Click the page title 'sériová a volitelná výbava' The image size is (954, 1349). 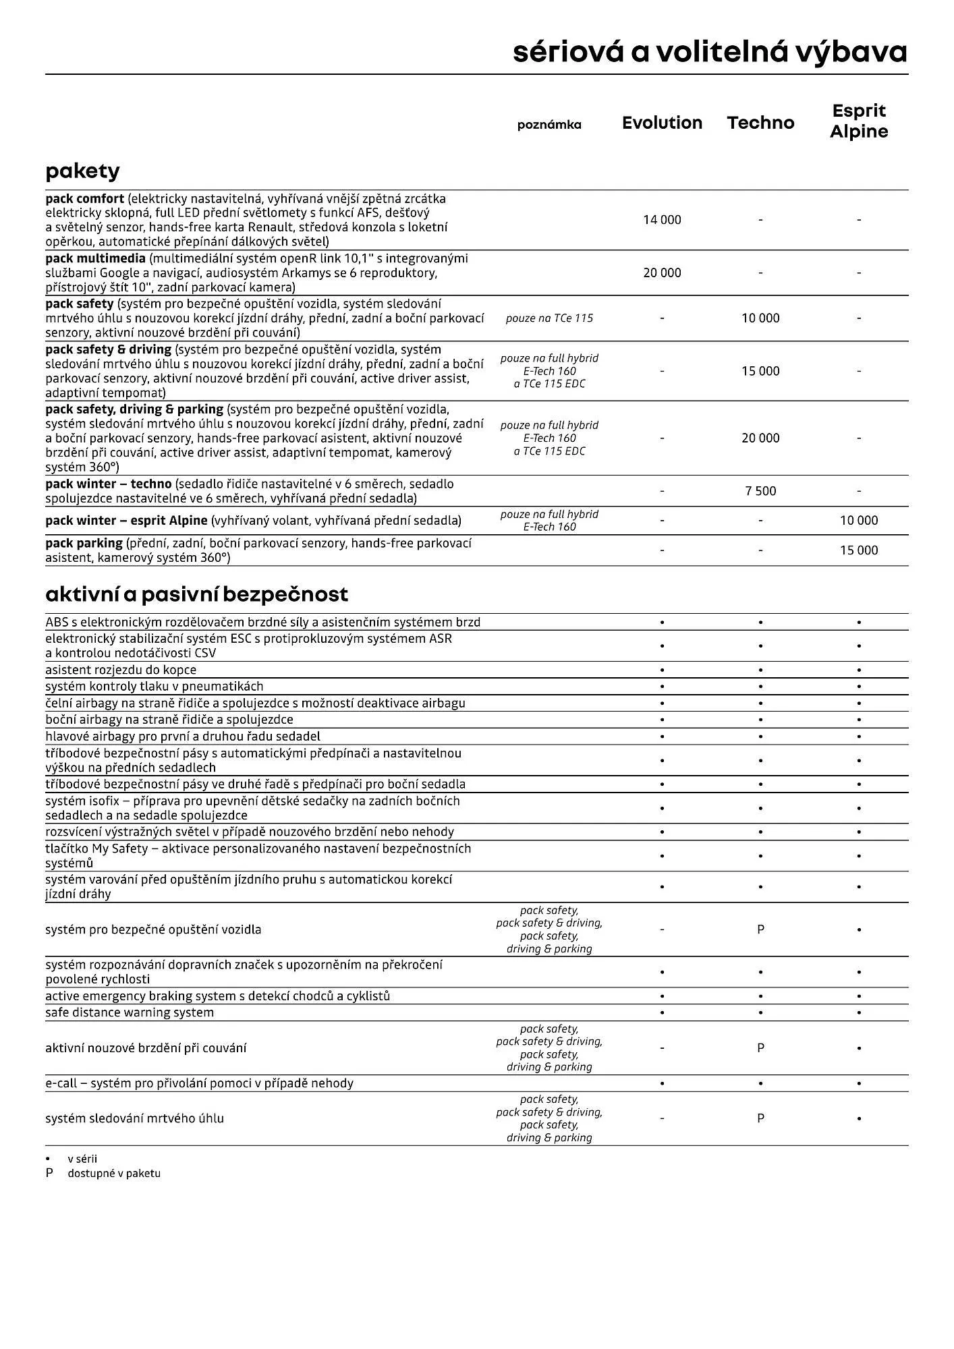point(710,52)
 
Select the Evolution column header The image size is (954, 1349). point(662,123)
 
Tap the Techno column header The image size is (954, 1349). point(760,123)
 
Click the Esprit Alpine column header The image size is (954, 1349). point(858,121)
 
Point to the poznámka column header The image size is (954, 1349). point(549,125)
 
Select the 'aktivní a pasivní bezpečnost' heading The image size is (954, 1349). point(196,594)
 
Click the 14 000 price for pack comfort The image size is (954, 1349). point(662,220)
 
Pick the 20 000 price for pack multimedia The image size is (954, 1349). point(662,272)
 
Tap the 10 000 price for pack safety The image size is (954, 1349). point(760,318)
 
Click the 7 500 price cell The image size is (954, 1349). point(760,491)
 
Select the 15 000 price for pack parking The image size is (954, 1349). point(858,550)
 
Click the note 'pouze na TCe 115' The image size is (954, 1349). point(549,318)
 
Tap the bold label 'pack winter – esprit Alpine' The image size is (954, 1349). point(126,521)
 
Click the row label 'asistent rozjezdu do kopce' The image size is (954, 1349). point(121,670)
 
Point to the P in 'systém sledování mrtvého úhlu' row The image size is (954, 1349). point(760,1118)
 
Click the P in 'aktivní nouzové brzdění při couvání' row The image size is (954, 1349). point(760,1048)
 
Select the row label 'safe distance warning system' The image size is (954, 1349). point(130,1012)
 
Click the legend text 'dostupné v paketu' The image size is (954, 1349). point(114,1173)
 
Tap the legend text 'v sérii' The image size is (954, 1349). point(82,1159)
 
